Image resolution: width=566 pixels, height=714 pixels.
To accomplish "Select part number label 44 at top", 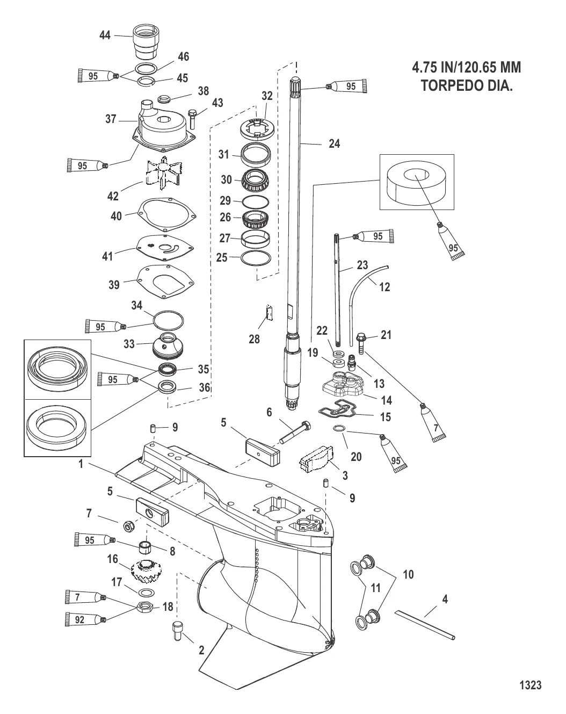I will pyautogui.click(x=105, y=35).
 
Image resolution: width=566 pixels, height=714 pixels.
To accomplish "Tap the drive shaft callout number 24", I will pyautogui.click(x=334, y=143).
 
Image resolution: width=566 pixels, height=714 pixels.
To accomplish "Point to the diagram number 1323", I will pyautogui.click(x=530, y=685).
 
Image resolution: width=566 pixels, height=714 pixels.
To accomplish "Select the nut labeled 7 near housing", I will pyautogui.click(x=129, y=525).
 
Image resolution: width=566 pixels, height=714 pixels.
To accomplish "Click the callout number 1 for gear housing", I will pyautogui.click(x=82, y=464).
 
